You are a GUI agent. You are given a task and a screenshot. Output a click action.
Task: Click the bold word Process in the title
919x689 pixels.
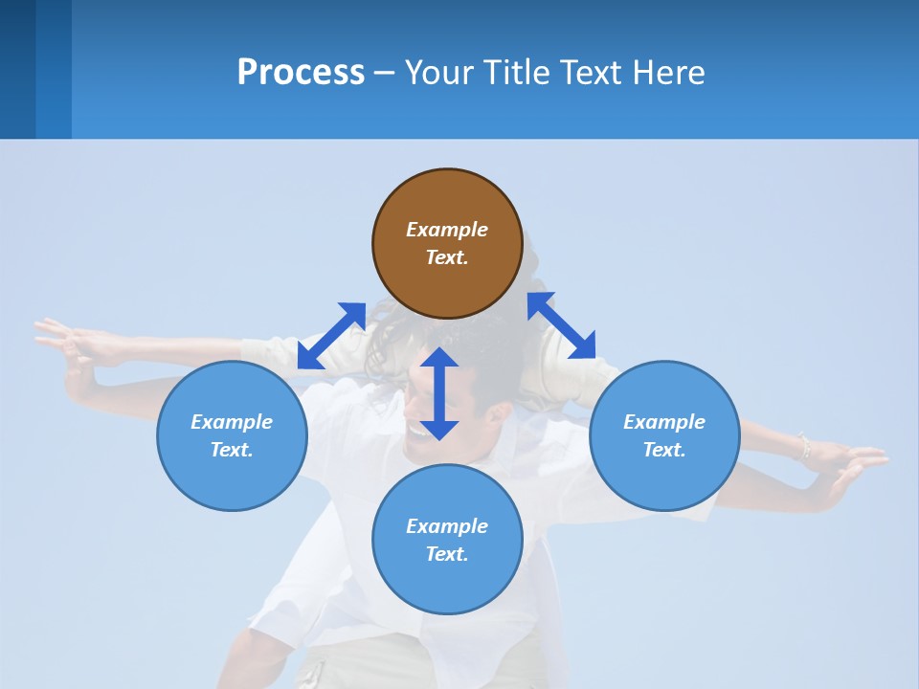point(301,73)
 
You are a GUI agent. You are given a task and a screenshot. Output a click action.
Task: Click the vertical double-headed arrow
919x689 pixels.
point(439,393)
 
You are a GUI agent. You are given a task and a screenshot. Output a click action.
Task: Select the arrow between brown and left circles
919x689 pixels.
point(331,335)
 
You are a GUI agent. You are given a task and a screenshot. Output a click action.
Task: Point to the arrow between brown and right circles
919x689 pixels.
point(561,325)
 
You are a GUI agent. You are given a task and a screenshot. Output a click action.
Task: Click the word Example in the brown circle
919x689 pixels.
point(447,230)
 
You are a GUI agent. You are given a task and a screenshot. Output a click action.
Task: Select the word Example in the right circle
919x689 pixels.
point(664,422)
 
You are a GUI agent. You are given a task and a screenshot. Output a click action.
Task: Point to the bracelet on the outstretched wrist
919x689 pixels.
point(804,446)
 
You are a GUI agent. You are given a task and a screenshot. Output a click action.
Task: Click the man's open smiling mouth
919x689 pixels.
point(418,431)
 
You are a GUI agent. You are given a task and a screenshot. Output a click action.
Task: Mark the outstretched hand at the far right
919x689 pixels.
point(857,464)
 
